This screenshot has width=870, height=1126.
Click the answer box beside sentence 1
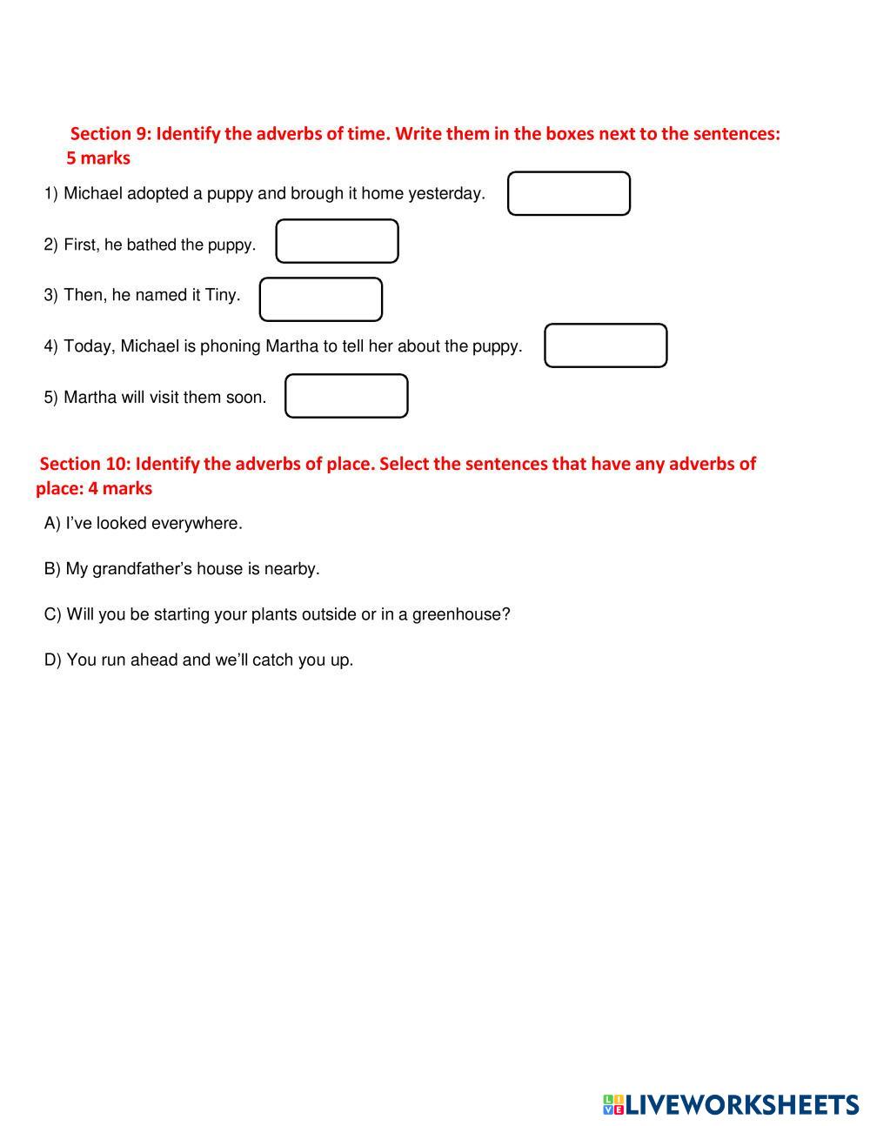click(568, 193)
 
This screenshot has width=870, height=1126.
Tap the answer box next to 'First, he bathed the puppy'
click(337, 241)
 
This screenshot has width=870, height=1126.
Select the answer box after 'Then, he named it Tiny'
click(320, 299)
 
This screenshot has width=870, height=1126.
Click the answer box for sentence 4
click(606, 345)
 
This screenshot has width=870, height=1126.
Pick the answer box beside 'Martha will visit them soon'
click(346, 396)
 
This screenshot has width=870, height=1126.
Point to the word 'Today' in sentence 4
click(88, 346)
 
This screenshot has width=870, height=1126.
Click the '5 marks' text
click(98, 158)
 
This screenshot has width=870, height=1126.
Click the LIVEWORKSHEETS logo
click(730, 1104)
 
